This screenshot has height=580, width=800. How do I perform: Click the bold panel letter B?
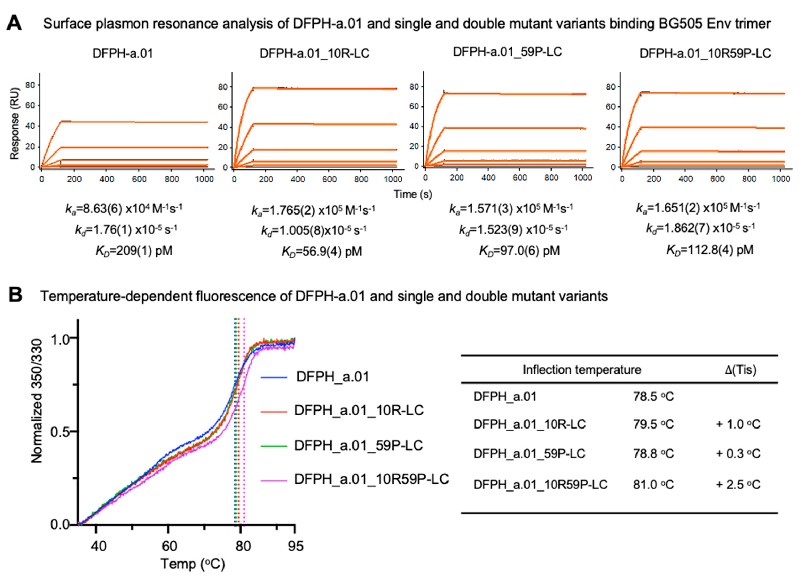(15, 295)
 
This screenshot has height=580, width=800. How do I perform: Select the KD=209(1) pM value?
(134, 251)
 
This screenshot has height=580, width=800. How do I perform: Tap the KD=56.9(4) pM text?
(321, 252)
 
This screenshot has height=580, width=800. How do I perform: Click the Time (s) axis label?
(413, 194)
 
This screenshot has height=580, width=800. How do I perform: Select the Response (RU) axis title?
(14, 123)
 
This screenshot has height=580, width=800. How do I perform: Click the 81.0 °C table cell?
(653, 485)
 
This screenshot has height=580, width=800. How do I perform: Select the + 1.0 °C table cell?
(738, 424)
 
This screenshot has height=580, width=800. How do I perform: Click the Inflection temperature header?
(582, 370)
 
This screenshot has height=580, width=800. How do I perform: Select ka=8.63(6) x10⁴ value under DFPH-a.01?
(123, 209)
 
